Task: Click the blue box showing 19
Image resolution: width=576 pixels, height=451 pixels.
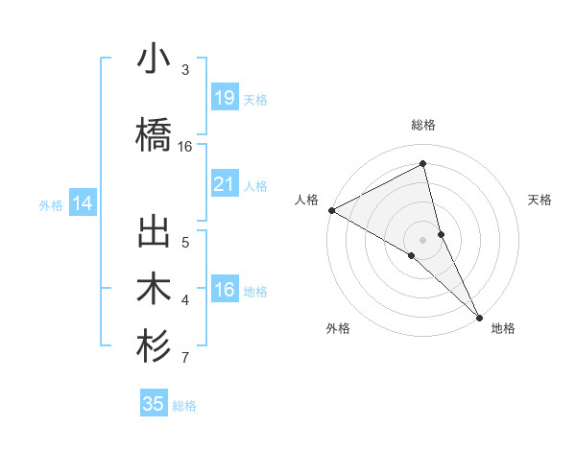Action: click(x=224, y=97)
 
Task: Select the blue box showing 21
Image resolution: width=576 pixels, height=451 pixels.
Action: click(x=224, y=184)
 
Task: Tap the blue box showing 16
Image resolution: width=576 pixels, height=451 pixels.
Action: click(x=224, y=291)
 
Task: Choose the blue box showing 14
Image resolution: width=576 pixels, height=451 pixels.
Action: click(x=82, y=203)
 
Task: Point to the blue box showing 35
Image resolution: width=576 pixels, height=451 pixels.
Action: click(x=154, y=404)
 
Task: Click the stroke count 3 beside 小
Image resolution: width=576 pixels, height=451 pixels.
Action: click(x=185, y=70)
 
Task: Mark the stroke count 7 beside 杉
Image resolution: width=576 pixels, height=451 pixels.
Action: click(x=185, y=359)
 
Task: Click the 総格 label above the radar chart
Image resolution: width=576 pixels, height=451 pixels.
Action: click(x=423, y=125)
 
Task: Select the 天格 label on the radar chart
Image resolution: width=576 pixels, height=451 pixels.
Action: click(x=540, y=200)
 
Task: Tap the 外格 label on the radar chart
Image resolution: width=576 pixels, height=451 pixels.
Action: click(x=338, y=328)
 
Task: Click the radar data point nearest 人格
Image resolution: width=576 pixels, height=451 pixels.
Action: click(x=331, y=209)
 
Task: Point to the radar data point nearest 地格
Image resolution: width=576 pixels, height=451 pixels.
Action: click(x=479, y=317)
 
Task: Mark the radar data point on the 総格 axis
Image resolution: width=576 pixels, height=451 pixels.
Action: click(x=423, y=165)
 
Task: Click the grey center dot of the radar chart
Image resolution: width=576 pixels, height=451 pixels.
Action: click(x=422, y=239)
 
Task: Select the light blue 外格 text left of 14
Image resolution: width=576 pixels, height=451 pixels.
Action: click(x=51, y=204)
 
